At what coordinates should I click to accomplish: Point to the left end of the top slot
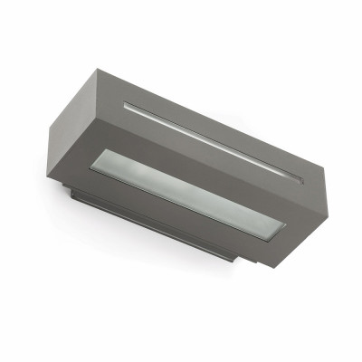click(126, 105)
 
